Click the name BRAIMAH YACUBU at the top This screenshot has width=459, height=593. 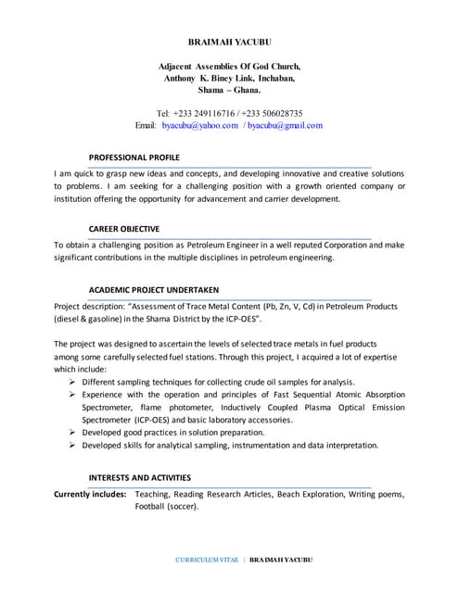tap(229, 42)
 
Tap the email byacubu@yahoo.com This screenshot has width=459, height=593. tap(199, 125)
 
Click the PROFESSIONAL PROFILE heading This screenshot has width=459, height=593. tap(134, 157)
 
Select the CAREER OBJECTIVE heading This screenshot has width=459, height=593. tap(123, 228)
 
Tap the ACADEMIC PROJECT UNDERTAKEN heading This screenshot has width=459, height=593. tap(153, 288)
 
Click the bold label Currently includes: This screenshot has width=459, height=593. tap(90, 495)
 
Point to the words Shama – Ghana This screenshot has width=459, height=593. tap(230, 91)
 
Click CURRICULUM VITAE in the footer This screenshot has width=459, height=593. tap(207, 561)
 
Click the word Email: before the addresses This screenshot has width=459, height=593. tap(146, 125)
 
